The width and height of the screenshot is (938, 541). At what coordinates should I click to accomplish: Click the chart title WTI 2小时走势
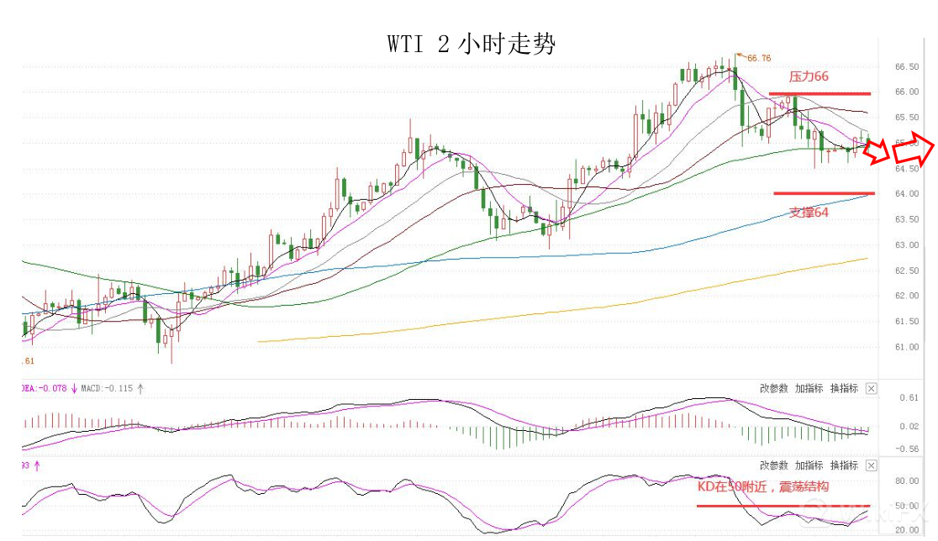click(472, 44)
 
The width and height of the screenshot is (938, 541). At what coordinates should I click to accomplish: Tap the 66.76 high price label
click(758, 58)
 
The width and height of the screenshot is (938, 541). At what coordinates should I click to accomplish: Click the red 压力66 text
click(809, 76)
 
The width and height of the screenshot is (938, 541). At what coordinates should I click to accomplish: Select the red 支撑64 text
click(809, 213)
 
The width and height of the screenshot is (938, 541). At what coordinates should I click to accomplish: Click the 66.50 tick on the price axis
click(905, 66)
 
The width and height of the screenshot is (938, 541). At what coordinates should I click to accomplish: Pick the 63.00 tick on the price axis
click(905, 245)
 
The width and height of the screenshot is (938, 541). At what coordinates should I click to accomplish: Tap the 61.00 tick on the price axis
click(905, 347)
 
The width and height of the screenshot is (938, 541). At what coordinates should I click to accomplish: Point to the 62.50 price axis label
click(905, 270)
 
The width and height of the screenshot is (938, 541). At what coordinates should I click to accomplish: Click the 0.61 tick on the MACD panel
click(907, 397)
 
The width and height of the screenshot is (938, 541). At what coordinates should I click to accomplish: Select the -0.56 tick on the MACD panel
click(905, 449)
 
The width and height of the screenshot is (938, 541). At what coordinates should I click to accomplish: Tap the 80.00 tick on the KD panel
click(906, 481)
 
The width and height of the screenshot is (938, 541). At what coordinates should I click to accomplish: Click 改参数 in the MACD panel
click(773, 388)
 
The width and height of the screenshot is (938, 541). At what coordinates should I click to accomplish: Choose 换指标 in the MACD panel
click(844, 388)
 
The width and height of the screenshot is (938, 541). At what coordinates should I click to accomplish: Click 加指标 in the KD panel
click(809, 465)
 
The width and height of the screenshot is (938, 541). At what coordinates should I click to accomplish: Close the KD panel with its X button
click(871, 465)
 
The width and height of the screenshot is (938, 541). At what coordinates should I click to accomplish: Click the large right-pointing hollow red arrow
click(914, 151)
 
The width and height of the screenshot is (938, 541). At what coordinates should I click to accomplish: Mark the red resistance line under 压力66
click(819, 93)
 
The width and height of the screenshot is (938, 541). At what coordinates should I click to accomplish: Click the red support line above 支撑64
click(824, 193)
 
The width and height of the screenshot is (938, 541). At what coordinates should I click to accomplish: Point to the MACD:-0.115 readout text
click(107, 389)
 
